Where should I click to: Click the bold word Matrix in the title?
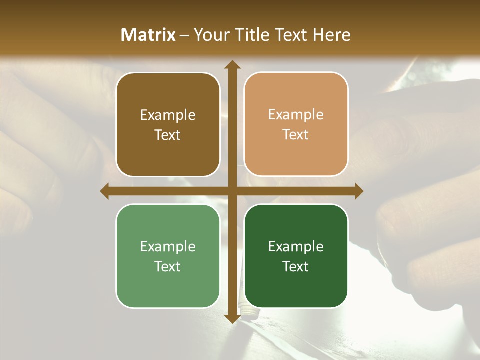(x=148, y=35)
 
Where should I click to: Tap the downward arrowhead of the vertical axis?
(x=232, y=318)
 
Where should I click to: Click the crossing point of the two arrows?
(x=232, y=191)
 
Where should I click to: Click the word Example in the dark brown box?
(x=168, y=115)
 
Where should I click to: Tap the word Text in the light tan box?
(x=296, y=135)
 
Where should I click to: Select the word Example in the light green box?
(x=168, y=247)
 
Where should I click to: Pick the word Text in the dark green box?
(x=296, y=267)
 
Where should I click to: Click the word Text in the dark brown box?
(x=168, y=135)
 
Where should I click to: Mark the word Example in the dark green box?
(x=296, y=247)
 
